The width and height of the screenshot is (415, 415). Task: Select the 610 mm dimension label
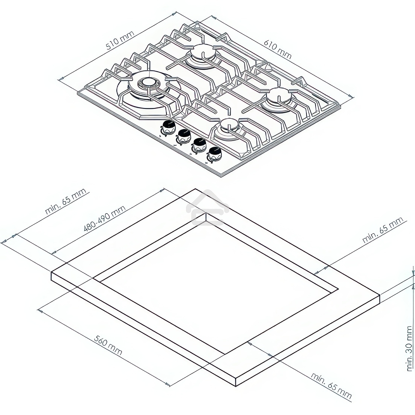point(277,49)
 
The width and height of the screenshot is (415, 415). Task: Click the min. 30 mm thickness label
point(410,349)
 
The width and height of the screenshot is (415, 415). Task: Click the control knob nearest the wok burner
point(168,127)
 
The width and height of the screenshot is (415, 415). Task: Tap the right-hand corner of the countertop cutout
point(338,289)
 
